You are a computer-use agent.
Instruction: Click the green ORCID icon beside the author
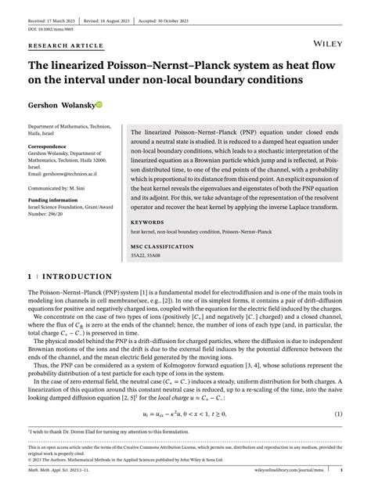click(x=121, y=103)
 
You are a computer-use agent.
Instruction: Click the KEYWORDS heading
click(x=149, y=222)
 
